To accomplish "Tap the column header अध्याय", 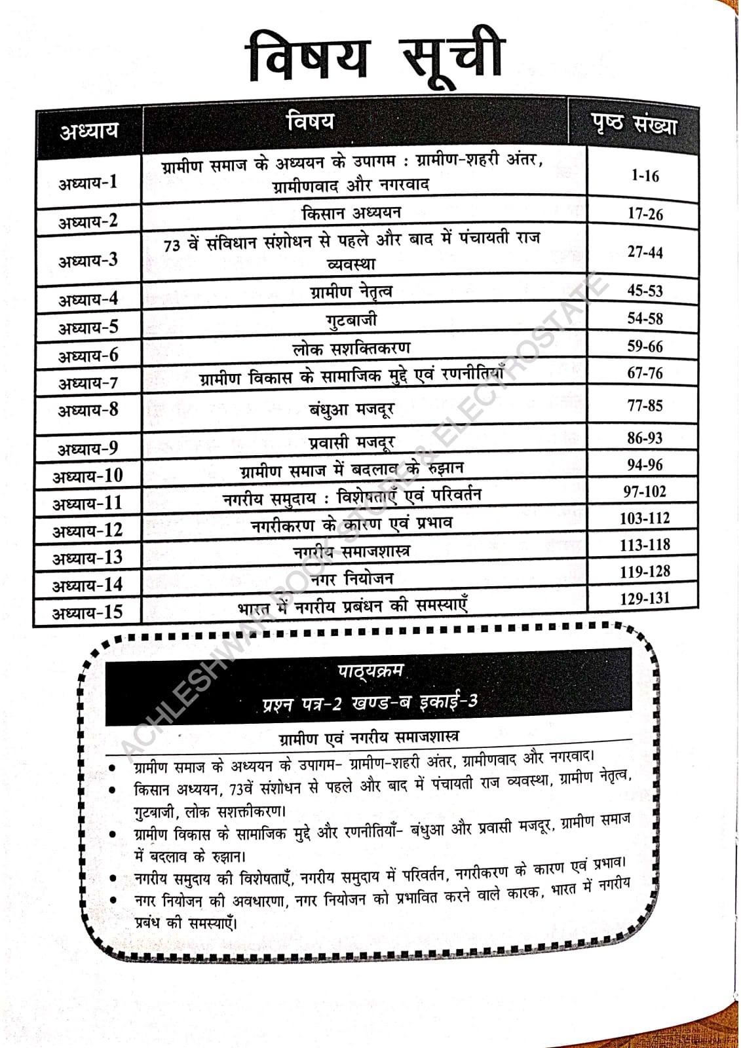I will (89, 131).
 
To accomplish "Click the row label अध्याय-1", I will (88, 182).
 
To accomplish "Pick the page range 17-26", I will (645, 214).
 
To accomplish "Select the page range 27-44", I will (645, 252).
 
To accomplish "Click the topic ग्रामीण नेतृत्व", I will (352, 291).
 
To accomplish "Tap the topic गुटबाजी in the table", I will (352, 320).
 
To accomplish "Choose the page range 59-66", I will (645, 346).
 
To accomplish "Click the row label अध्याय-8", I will (88, 411).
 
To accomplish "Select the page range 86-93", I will (645, 438).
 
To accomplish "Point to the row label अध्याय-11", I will (88, 503).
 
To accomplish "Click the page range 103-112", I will (645, 518).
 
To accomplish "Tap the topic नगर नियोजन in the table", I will (352, 578).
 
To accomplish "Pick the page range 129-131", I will (645, 598).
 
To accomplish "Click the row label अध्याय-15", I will (88, 612).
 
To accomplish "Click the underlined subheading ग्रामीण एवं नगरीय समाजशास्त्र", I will (369, 738).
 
